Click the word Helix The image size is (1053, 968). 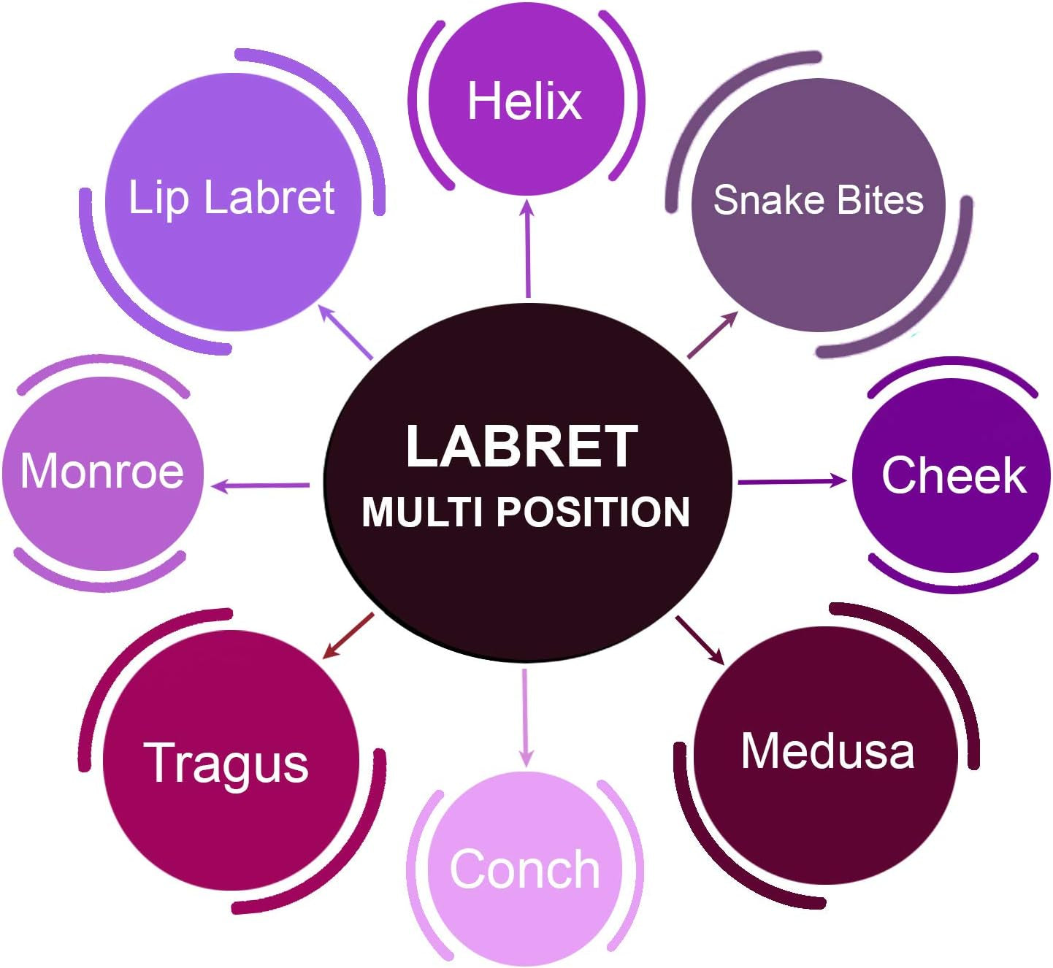(524, 101)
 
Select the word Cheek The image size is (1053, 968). (954, 475)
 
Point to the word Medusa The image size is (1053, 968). (827, 750)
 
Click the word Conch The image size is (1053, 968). (524, 869)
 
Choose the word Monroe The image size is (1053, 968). (102, 470)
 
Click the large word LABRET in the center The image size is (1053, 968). (522, 446)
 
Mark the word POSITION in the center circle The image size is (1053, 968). (593, 512)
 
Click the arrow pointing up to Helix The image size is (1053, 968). (527, 249)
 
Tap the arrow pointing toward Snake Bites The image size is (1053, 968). (713, 335)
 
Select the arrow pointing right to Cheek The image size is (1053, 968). (792, 481)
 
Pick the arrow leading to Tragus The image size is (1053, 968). (348, 636)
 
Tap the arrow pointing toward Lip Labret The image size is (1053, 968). (347, 332)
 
